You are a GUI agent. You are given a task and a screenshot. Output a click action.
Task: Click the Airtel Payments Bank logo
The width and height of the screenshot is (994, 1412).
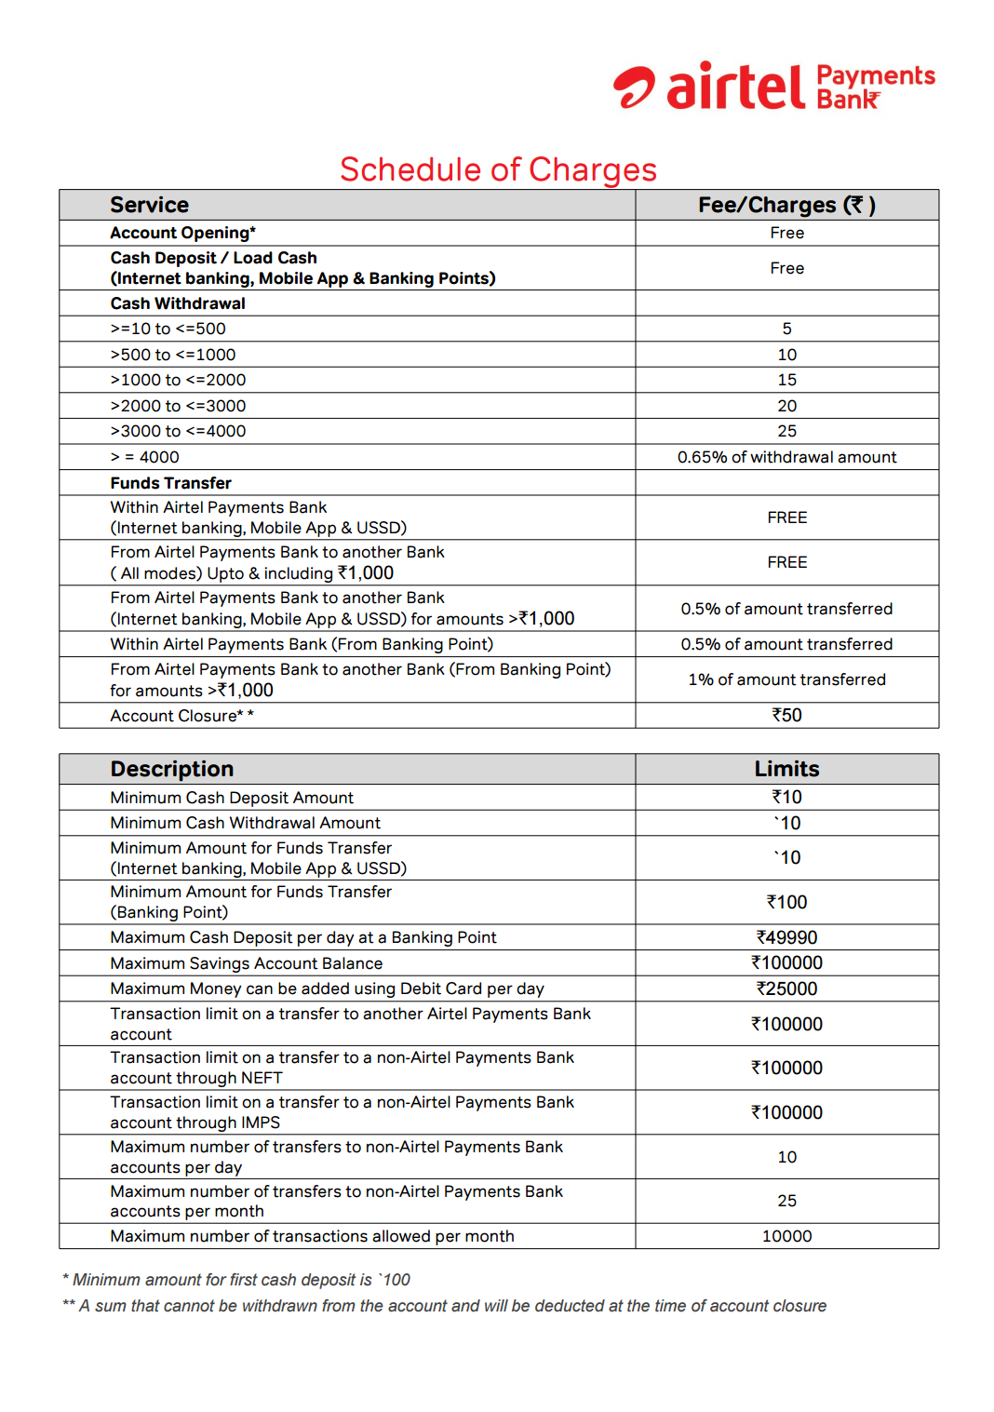[773, 87]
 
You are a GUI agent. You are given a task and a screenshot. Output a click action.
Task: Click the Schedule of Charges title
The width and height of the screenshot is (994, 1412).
[498, 169]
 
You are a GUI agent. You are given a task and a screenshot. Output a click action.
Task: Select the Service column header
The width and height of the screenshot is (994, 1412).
[149, 205]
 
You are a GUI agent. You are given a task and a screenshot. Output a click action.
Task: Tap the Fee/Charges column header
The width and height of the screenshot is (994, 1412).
[786, 205]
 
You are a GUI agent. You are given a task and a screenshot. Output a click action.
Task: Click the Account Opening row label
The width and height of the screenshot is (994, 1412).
[182, 233]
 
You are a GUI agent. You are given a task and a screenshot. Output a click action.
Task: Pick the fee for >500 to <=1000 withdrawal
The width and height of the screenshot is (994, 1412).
[786, 355]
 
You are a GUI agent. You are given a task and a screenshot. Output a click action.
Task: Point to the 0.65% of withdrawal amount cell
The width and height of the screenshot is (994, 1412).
[786, 457]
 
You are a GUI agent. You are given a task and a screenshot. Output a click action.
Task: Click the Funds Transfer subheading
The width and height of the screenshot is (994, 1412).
[170, 483]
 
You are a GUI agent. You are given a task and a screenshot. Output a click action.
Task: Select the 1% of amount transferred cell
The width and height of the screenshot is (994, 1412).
[786, 679]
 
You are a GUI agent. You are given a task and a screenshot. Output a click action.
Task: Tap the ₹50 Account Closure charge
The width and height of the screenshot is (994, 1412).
[786, 715]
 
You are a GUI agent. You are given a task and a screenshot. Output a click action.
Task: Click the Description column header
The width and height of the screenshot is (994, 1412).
[172, 769]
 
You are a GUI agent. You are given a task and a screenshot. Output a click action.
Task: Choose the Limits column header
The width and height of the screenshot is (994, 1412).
[786, 769]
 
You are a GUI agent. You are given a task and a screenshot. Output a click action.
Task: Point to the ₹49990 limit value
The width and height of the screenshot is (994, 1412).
[786, 937]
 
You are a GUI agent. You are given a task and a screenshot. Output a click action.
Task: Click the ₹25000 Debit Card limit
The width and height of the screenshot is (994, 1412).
[786, 988]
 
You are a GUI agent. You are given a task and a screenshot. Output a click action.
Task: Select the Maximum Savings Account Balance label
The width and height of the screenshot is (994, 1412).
[246, 963]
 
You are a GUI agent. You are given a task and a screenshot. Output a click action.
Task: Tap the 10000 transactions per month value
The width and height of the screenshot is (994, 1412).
[786, 1236]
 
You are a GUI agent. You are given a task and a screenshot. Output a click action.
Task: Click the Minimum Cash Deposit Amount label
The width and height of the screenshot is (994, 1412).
[232, 798]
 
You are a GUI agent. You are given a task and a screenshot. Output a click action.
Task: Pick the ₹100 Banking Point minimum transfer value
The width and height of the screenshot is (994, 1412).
[786, 902]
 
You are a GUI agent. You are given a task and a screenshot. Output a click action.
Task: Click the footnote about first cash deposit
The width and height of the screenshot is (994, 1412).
[236, 1280]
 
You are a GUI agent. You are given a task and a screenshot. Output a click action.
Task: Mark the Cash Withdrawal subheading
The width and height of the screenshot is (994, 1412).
[178, 303]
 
